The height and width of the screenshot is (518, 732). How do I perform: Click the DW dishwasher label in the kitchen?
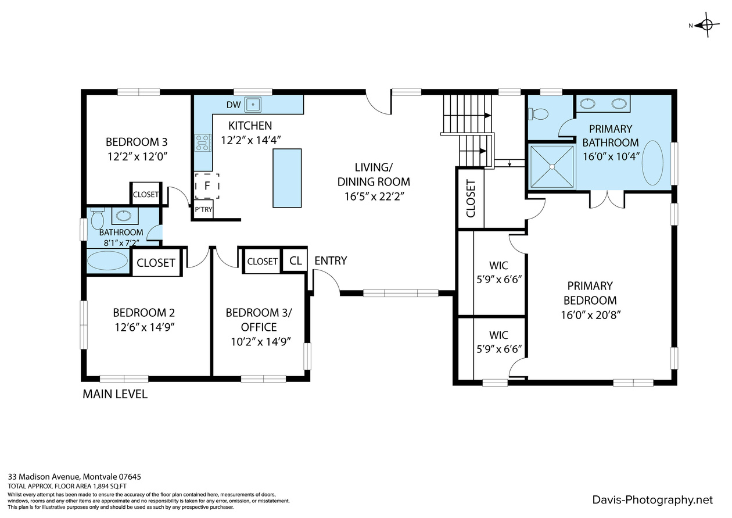pyautogui.click(x=234, y=105)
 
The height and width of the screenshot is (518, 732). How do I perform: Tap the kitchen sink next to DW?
pyautogui.click(x=253, y=104)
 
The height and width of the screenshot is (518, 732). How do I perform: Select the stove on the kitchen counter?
pyautogui.click(x=202, y=143)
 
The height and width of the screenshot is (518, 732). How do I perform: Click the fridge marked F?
pyautogui.click(x=207, y=186)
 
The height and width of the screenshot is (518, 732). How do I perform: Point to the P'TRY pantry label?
pyautogui.click(x=203, y=209)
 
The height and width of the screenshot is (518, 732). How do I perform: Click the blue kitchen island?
pyautogui.click(x=287, y=178)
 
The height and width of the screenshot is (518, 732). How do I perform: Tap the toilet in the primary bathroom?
pyautogui.click(x=538, y=114)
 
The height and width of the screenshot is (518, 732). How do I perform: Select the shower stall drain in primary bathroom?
pyautogui.click(x=552, y=167)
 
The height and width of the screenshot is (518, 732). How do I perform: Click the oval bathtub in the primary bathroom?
pyautogui.click(x=652, y=163)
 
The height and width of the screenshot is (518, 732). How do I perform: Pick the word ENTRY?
pyautogui.click(x=331, y=260)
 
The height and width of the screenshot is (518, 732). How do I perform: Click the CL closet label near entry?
pyautogui.click(x=295, y=260)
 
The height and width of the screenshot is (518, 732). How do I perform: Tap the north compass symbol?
pyautogui.click(x=706, y=25)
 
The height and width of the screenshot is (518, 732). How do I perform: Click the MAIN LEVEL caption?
pyautogui.click(x=115, y=394)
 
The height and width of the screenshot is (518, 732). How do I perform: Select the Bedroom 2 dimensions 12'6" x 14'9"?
pyautogui.click(x=145, y=327)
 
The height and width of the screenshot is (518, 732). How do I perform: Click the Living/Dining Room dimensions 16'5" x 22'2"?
pyautogui.click(x=375, y=197)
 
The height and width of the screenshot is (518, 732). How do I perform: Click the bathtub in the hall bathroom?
pyautogui.click(x=107, y=260)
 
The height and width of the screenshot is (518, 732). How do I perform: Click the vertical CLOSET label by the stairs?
pyautogui.click(x=471, y=198)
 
